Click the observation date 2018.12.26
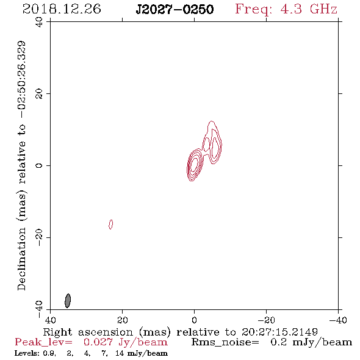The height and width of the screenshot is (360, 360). click(62, 9)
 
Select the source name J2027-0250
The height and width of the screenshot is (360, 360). click(175, 9)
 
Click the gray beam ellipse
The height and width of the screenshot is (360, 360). click(68, 301)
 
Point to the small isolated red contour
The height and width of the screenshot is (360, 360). click(110, 225)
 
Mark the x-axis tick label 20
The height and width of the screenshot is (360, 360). click(122, 320)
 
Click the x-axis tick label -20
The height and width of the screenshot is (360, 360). click(266, 320)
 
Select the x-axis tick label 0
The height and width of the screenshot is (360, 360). click(194, 320)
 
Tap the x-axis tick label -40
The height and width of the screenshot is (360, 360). click(338, 320)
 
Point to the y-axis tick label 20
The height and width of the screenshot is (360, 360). click(39, 94)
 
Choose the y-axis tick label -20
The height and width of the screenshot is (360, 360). click(39, 237)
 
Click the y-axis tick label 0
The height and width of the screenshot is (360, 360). click(39, 165)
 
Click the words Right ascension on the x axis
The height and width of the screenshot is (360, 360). click(88, 332)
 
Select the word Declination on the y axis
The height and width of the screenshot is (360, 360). click(21, 259)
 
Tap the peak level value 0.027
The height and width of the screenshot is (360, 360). click(98, 342)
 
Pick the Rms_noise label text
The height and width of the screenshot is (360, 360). click(225, 342)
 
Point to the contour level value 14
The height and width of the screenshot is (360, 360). click(120, 353)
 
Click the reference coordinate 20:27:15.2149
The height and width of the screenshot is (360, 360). click(279, 332)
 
